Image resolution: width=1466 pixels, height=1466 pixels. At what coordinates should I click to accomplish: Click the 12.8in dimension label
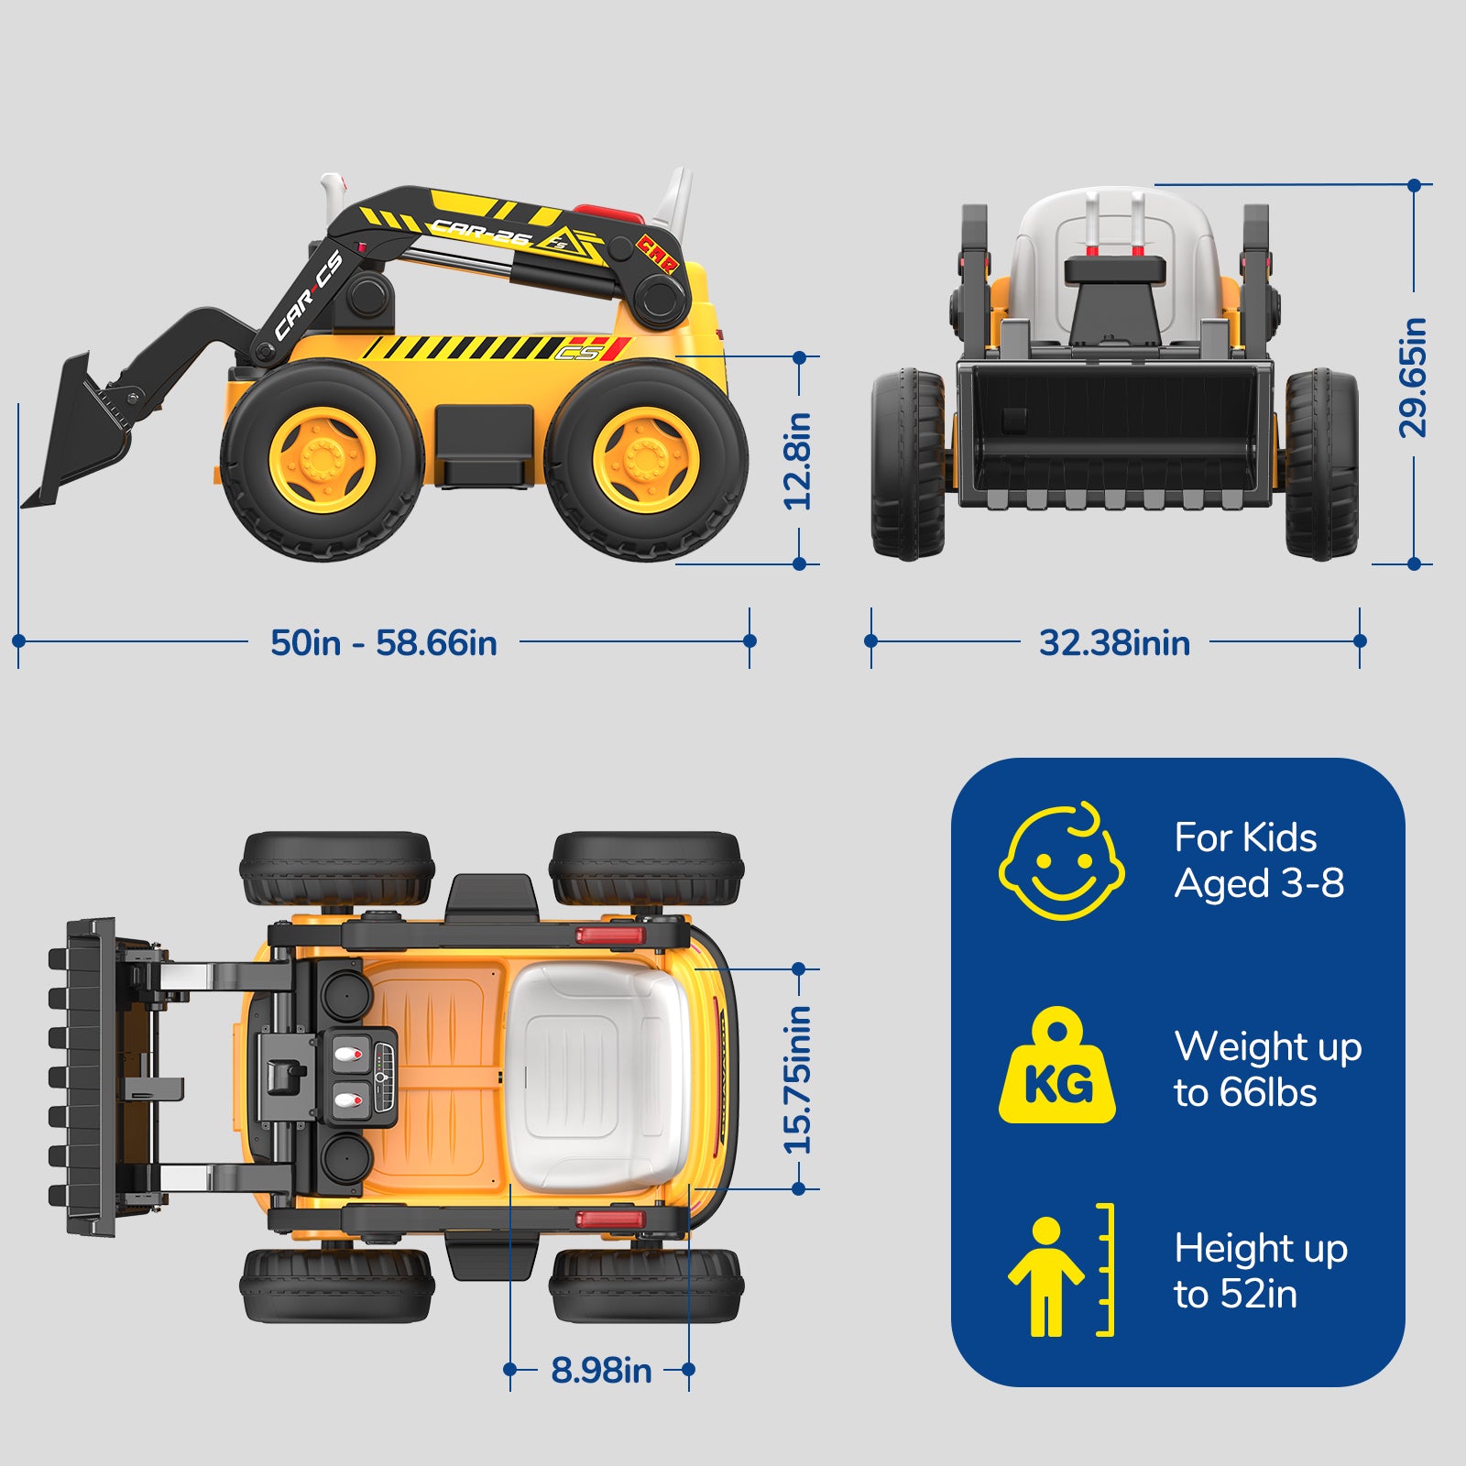[x=798, y=461]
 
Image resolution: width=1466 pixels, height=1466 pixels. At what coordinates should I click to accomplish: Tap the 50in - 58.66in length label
[x=384, y=642]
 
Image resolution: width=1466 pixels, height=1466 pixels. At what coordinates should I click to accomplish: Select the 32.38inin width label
[x=1114, y=642]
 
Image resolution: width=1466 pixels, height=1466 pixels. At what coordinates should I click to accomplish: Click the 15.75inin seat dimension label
[x=798, y=1079]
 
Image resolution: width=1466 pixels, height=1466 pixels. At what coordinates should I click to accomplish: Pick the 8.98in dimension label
[x=601, y=1371]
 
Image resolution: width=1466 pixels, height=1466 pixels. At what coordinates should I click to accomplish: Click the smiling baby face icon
[x=1062, y=862]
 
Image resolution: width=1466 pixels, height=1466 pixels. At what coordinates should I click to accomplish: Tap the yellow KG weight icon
[x=1057, y=1067]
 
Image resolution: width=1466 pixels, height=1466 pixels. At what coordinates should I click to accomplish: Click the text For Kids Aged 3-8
[x=1259, y=860]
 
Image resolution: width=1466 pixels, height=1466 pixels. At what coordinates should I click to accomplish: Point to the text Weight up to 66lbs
[x=1267, y=1069]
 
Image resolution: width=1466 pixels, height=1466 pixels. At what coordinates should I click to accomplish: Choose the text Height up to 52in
[x=1260, y=1271]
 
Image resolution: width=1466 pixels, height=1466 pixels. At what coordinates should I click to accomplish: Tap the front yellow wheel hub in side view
[x=322, y=459]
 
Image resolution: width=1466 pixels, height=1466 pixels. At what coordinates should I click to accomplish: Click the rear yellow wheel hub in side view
[x=646, y=459]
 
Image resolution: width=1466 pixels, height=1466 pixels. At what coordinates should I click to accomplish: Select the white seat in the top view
[x=596, y=1077]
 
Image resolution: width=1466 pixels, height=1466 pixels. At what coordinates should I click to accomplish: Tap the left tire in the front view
[x=907, y=464]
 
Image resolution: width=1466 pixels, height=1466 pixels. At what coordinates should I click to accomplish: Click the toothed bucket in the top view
[x=87, y=1078]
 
